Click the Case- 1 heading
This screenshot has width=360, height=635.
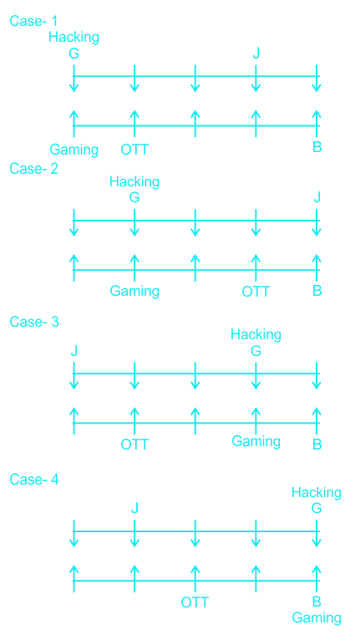click(x=34, y=21)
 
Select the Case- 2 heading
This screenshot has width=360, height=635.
click(x=34, y=169)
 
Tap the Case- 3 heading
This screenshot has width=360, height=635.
click(x=34, y=322)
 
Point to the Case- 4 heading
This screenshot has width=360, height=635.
click(x=34, y=480)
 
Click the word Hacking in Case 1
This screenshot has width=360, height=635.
click(x=74, y=38)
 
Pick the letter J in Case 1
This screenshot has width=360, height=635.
click(x=256, y=53)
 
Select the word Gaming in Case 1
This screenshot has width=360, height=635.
click(x=74, y=150)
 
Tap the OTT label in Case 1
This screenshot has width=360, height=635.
click(x=134, y=150)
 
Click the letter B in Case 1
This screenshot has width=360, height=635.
click(x=317, y=147)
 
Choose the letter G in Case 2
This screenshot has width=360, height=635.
click(x=134, y=198)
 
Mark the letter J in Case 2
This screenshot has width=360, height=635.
click(x=317, y=198)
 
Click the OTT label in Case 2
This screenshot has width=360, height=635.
click(x=256, y=292)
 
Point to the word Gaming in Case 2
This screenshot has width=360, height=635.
click(x=134, y=292)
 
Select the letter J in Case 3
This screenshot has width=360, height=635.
click(x=74, y=351)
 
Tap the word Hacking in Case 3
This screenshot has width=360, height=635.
click(x=256, y=335)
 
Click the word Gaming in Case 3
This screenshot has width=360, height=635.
click(x=256, y=441)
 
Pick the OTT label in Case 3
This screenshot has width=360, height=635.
click(x=134, y=444)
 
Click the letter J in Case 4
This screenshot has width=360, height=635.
click(x=134, y=509)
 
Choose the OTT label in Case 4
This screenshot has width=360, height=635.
click(x=195, y=602)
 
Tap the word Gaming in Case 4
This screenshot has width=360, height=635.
click(x=317, y=618)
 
